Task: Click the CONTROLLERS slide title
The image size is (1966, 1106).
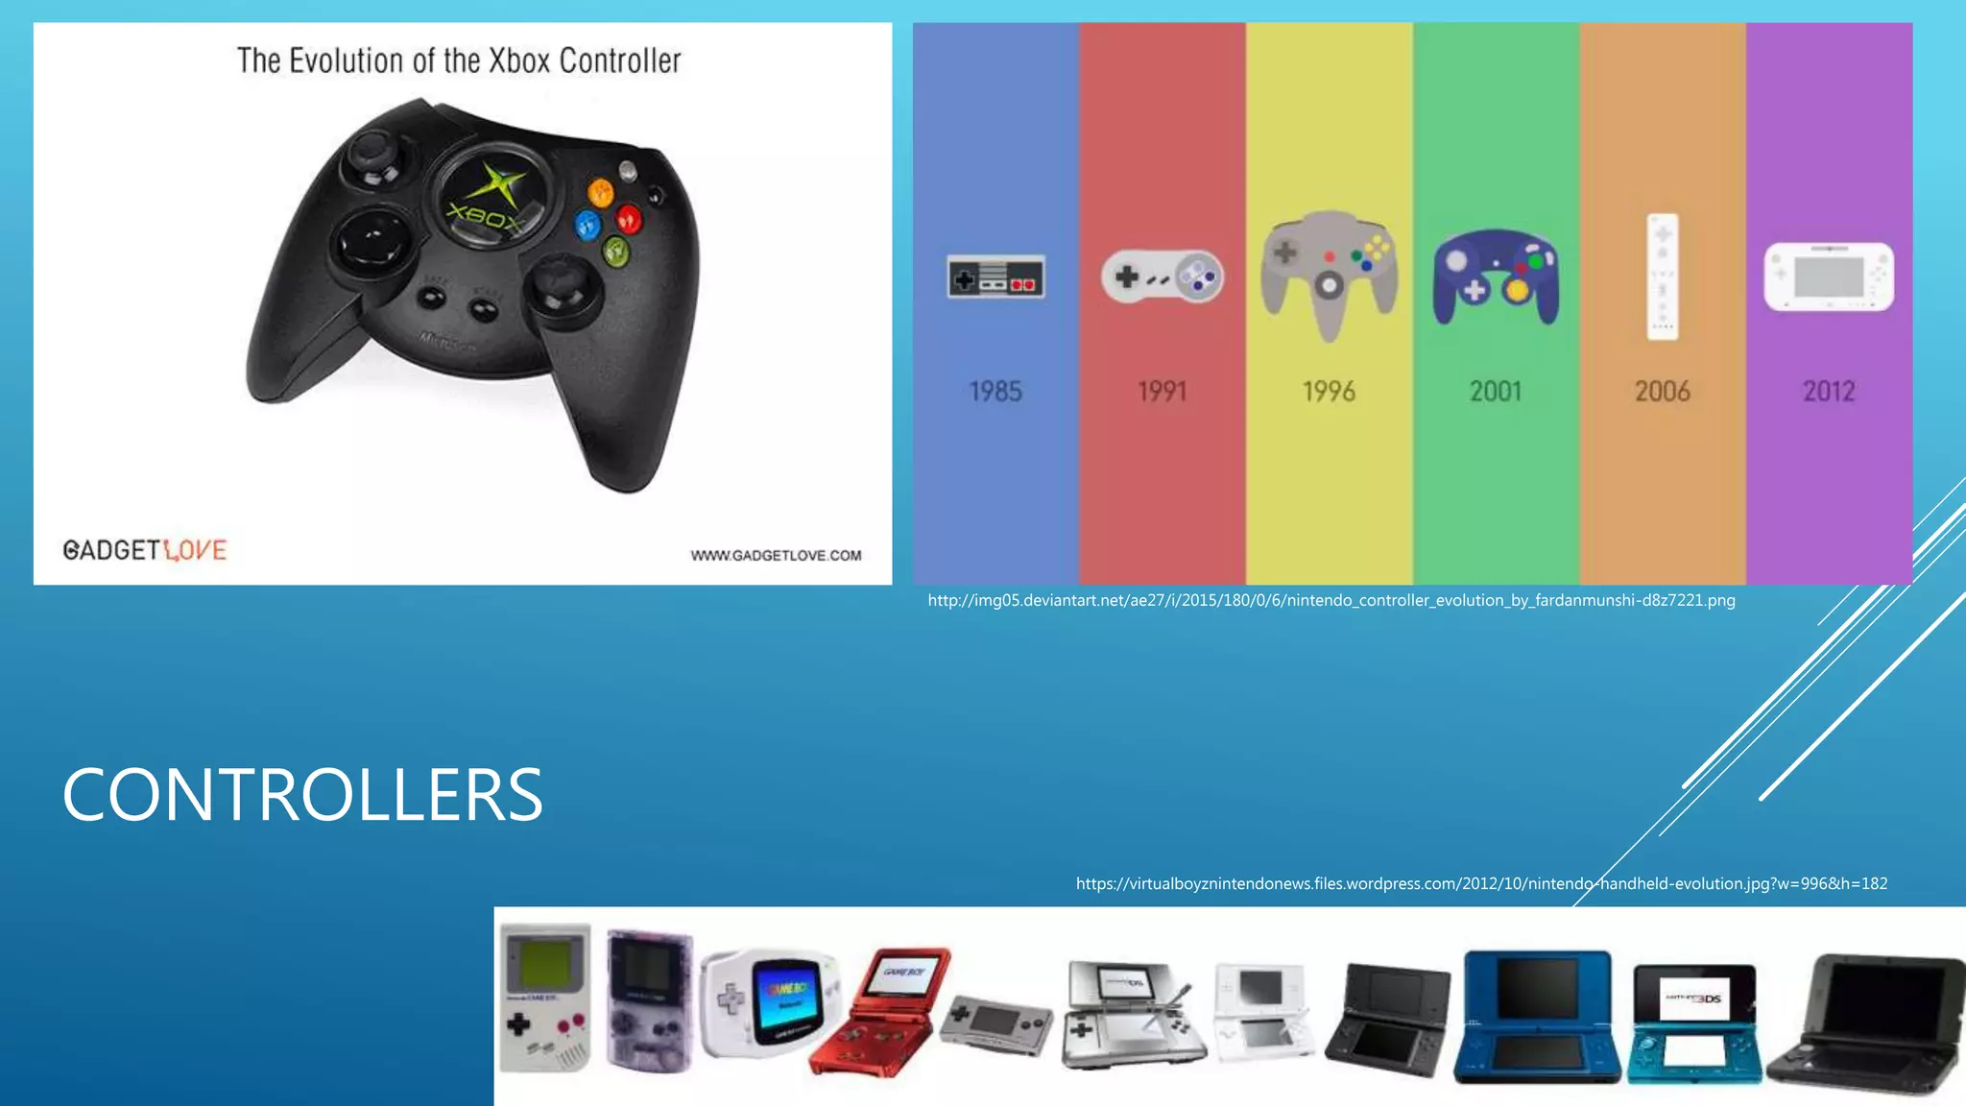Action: click(x=302, y=795)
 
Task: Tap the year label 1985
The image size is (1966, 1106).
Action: click(x=995, y=392)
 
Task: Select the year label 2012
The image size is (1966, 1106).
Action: click(x=1829, y=392)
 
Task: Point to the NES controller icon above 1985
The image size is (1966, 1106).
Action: click(x=995, y=278)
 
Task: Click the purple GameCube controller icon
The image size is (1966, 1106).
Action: click(x=1496, y=278)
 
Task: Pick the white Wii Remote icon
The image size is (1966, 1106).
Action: click(x=1663, y=276)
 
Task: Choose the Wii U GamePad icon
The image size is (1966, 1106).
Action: click(x=1829, y=277)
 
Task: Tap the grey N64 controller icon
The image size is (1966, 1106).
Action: click(x=1329, y=274)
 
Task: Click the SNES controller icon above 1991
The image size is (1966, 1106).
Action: click(x=1163, y=277)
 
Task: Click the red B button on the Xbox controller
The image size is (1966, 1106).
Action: click(x=629, y=219)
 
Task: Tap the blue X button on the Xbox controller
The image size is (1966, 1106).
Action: click(x=587, y=227)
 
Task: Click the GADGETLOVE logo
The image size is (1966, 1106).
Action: click(x=145, y=550)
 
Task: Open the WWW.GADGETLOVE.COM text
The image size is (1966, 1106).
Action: click(x=776, y=556)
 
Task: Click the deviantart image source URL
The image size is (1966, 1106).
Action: click(x=1331, y=601)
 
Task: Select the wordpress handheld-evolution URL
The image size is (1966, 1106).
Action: click(x=1481, y=884)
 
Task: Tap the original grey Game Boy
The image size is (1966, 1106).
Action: click(x=544, y=998)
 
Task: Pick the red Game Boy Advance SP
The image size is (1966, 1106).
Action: click(x=878, y=1013)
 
